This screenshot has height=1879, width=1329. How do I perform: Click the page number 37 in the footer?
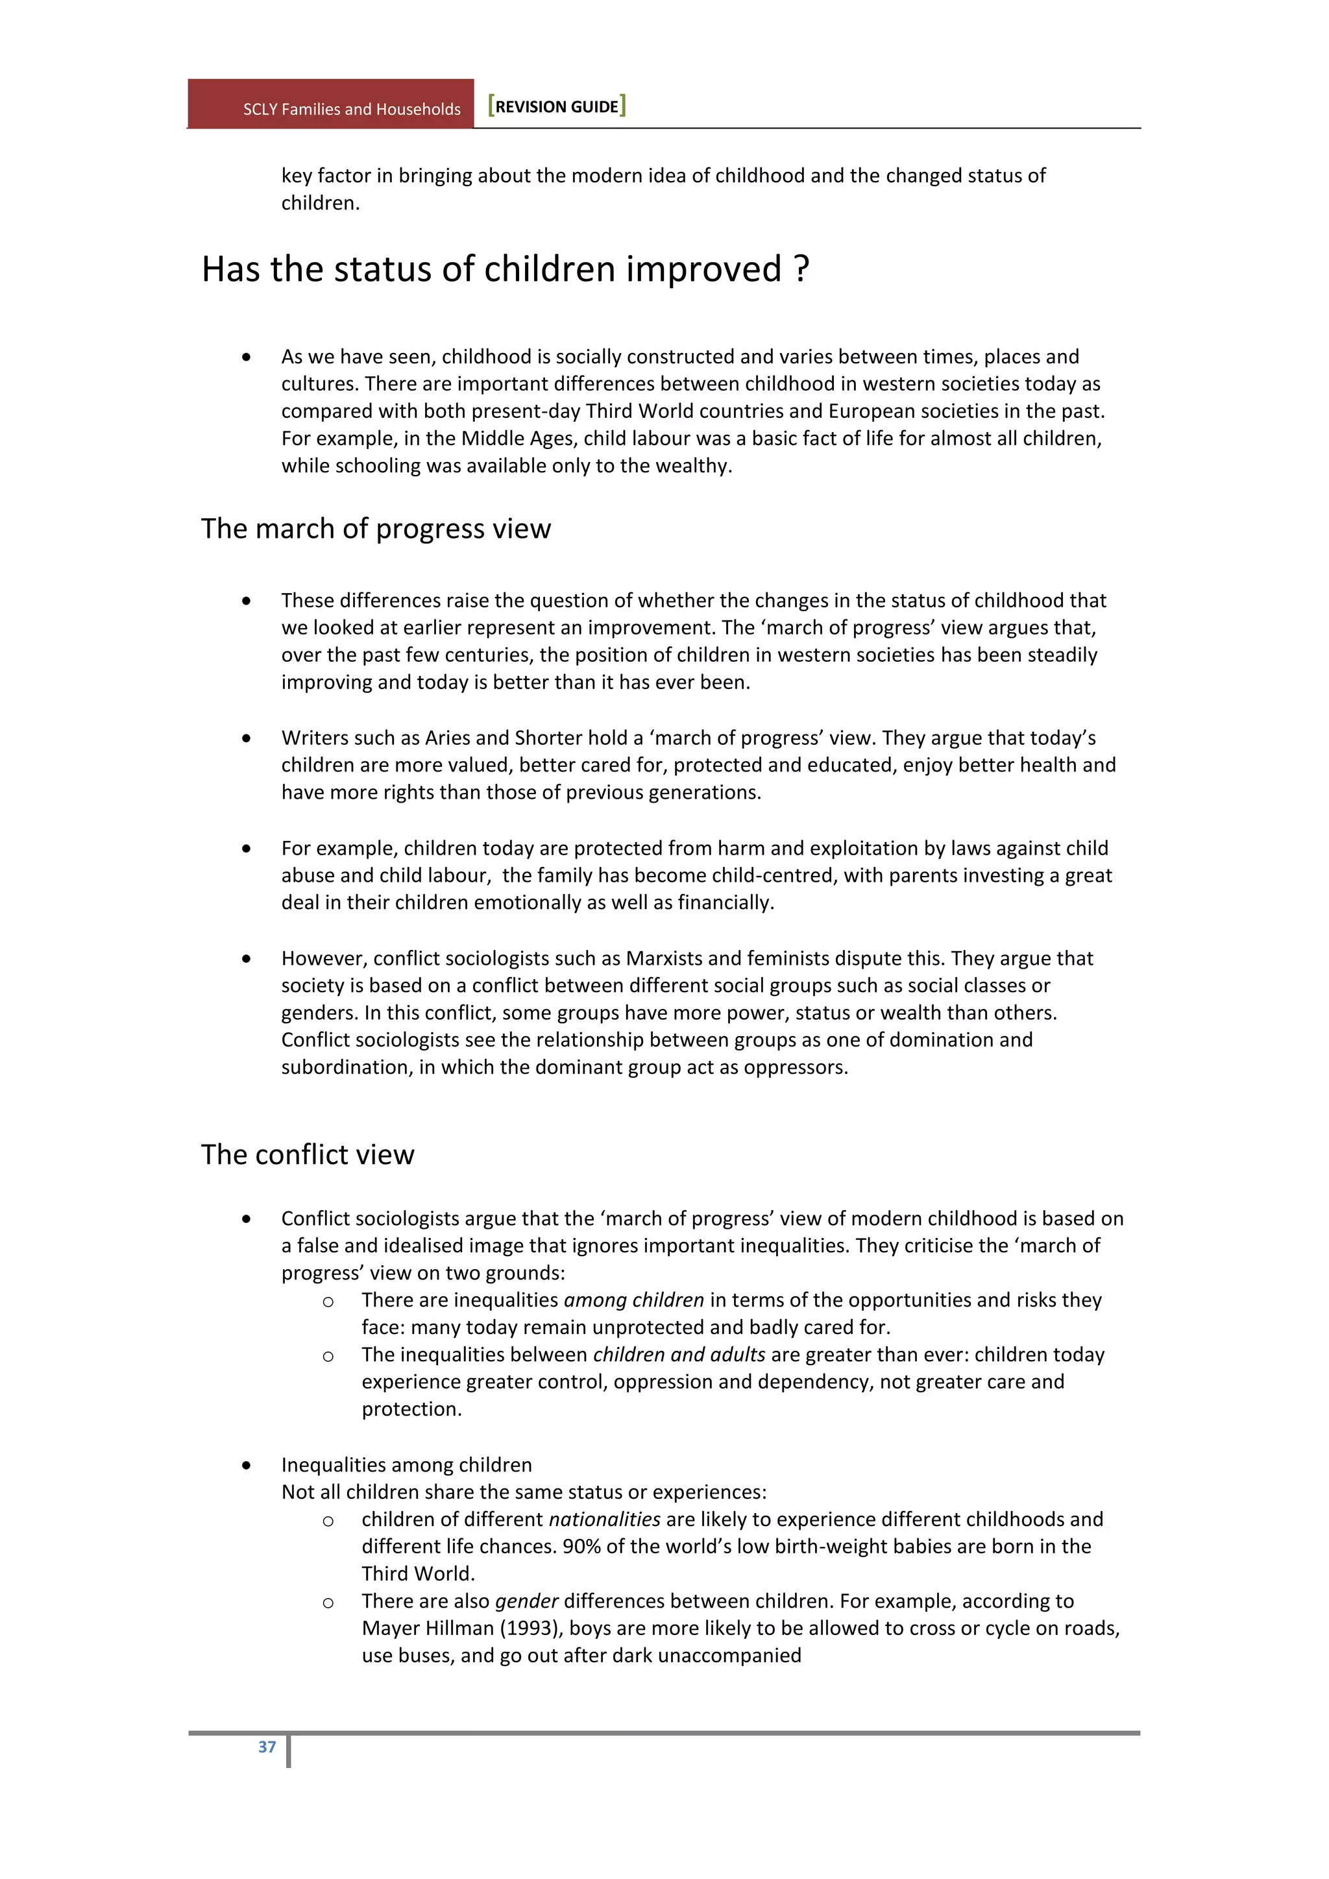[267, 1747]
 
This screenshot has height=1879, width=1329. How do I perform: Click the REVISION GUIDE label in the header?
[557, 106]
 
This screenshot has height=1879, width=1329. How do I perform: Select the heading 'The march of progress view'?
[376, 529]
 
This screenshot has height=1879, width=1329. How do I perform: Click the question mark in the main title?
[802, 269]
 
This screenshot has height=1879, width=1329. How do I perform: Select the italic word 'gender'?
[526, 1601]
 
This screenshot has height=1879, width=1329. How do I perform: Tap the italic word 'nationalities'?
[604, 1519]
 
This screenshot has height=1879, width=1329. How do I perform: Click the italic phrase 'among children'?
[633, 1300]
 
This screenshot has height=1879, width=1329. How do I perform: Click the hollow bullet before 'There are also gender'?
[328, 1603]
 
